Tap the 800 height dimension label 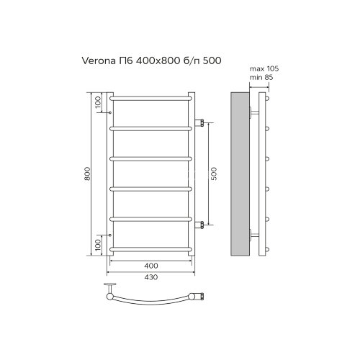click(x=87, y=174)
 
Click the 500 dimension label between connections click(x=213, y=174)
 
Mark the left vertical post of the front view click(x=110, y=174)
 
